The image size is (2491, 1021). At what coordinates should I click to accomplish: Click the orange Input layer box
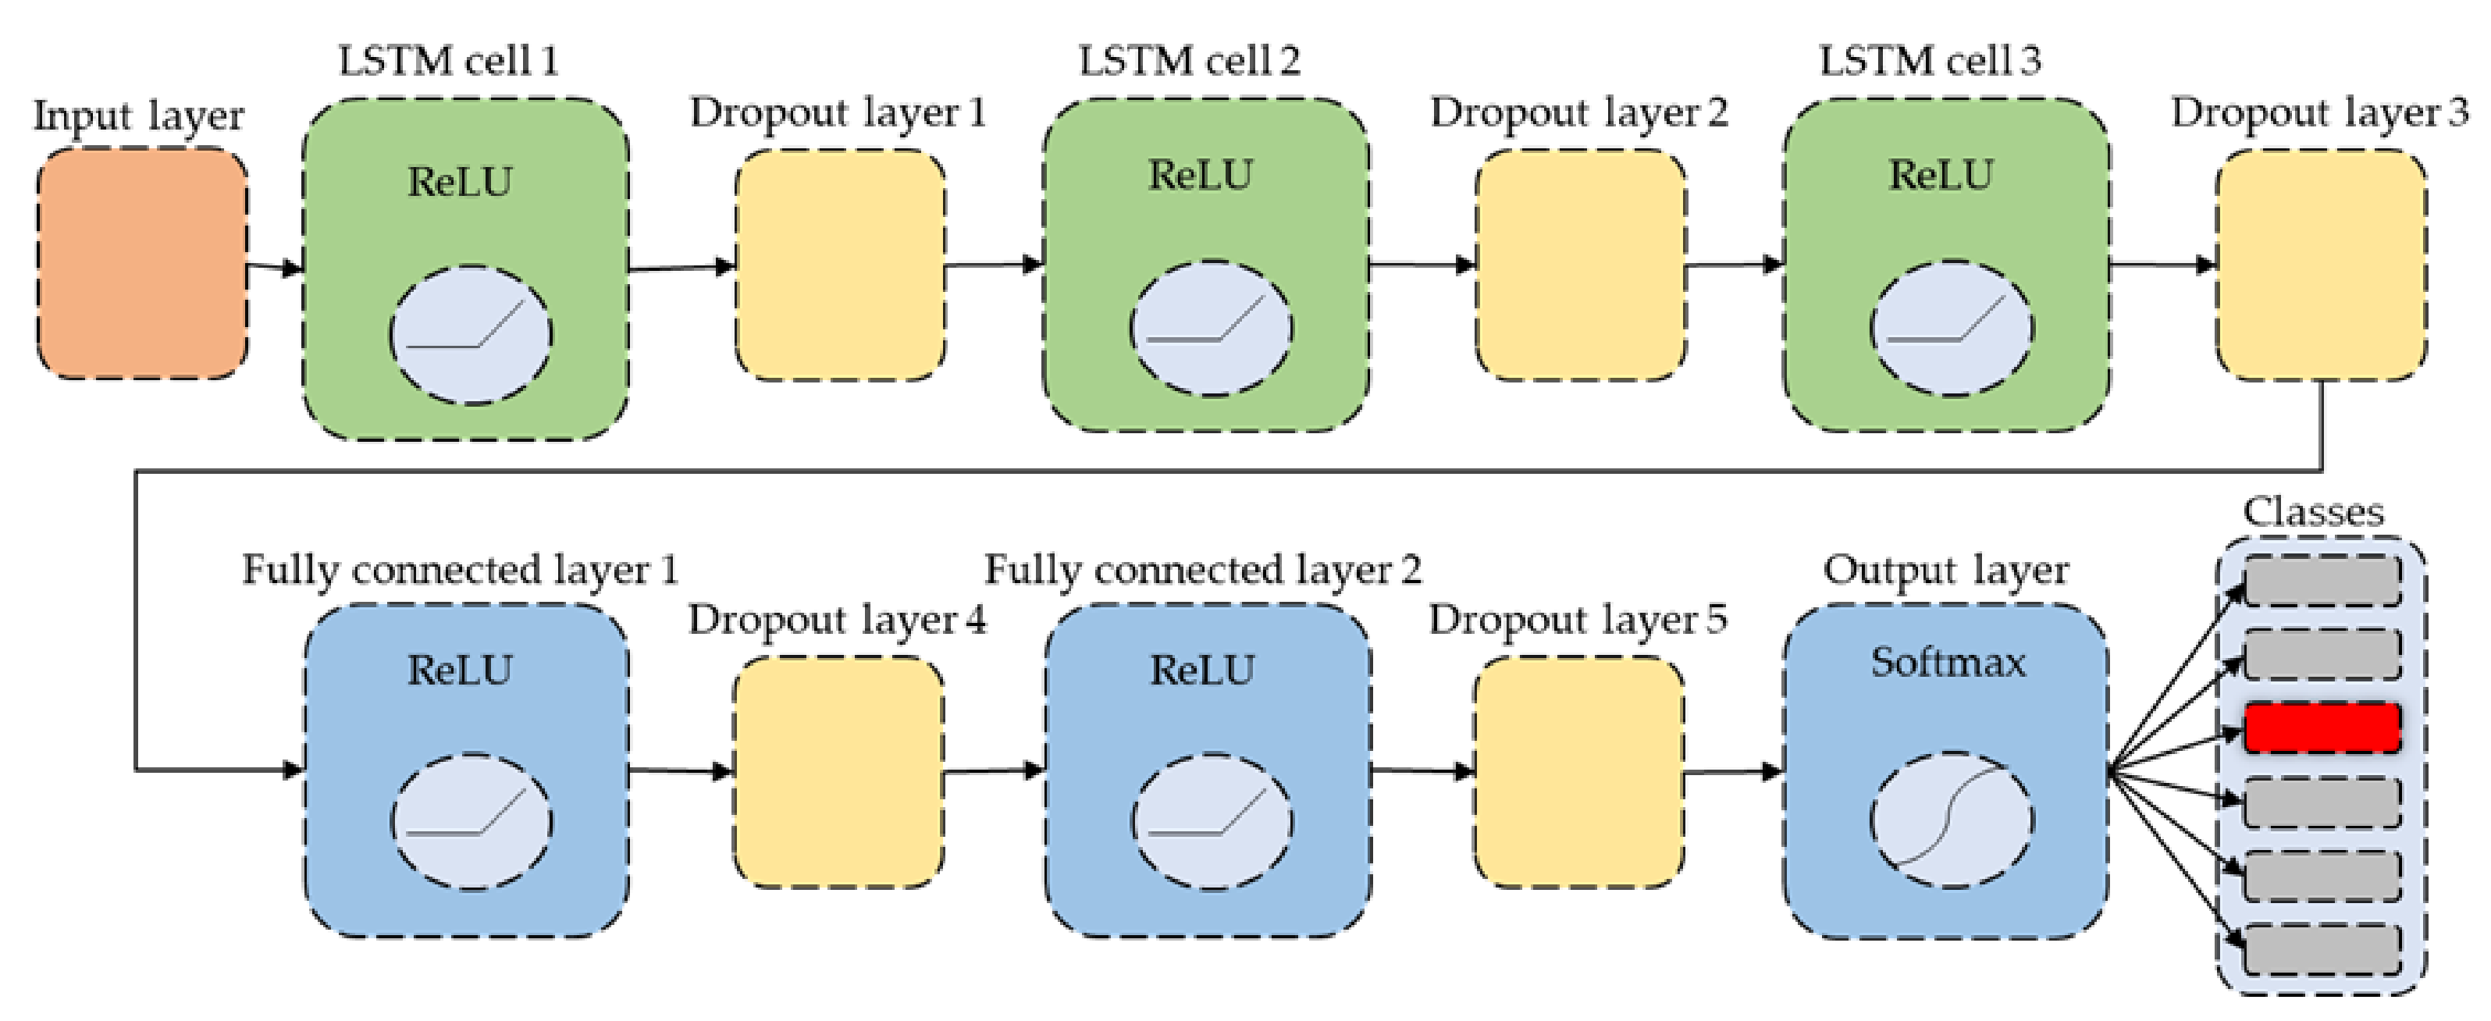142,263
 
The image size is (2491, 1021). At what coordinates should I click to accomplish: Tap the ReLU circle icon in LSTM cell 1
471,335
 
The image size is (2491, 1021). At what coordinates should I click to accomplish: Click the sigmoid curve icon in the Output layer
1951,819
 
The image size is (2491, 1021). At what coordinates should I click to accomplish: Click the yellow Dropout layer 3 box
2321,264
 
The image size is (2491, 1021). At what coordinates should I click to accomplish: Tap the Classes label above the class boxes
2313,511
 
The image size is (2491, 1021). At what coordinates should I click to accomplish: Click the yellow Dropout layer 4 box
838,771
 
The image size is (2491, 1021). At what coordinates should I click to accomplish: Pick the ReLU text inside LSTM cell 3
1940,176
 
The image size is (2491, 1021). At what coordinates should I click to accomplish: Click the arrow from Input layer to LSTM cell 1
276,267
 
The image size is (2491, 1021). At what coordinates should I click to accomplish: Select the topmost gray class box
2322,580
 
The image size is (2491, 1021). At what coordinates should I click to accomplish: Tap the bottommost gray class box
2322,948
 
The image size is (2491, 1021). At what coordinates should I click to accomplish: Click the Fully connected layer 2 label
1203,570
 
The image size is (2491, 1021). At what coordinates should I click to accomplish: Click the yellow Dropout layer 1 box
839,264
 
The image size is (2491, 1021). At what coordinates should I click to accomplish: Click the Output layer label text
1945,570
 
